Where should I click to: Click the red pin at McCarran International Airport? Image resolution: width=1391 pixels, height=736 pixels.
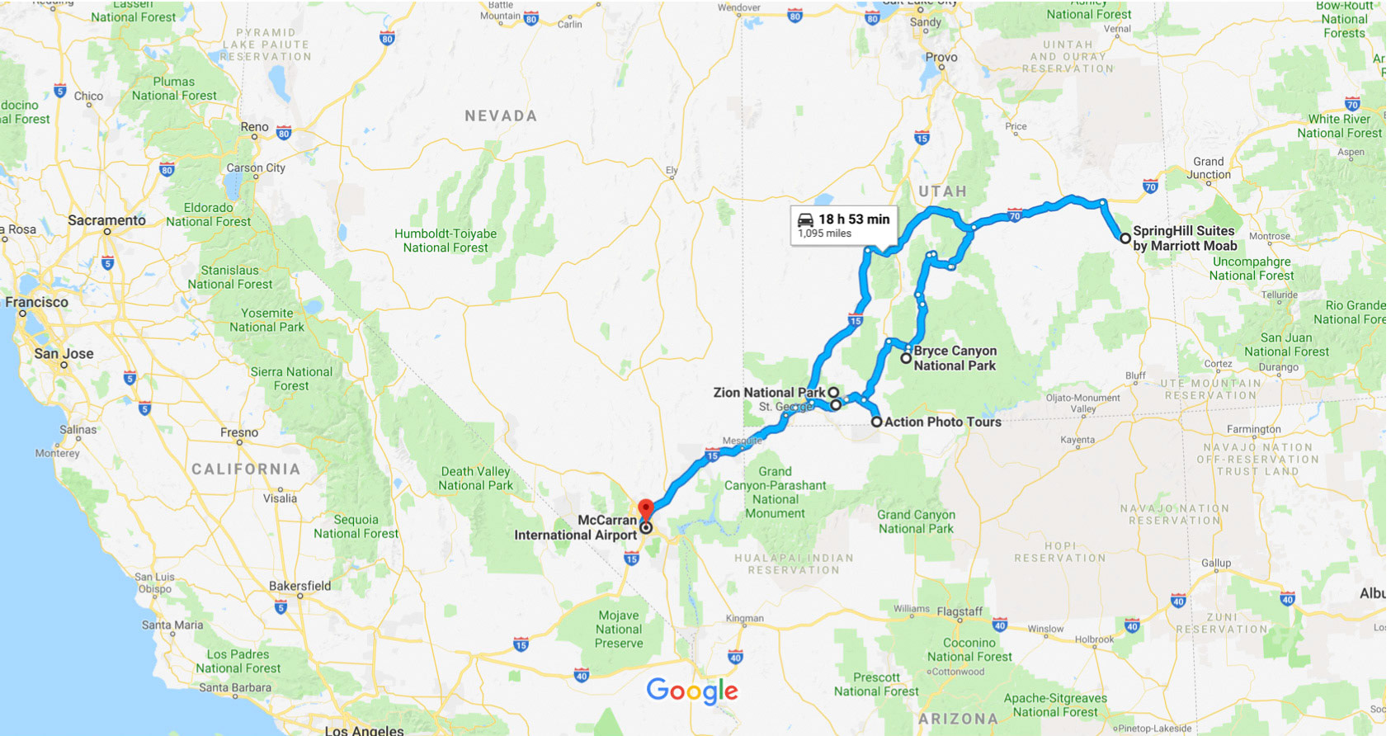646,508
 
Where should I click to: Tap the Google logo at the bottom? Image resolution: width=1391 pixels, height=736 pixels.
691,691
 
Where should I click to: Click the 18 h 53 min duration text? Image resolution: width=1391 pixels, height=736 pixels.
854,219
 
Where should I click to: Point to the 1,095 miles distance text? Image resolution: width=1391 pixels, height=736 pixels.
824,234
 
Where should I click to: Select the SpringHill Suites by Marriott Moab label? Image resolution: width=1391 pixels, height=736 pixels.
1184,238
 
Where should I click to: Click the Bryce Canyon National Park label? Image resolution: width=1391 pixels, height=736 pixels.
955,358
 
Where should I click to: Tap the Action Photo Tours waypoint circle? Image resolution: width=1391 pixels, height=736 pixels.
877,422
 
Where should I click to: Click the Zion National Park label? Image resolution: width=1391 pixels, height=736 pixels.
769,393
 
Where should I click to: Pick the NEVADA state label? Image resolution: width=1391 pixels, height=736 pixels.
501,116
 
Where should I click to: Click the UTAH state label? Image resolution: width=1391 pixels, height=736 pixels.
942,191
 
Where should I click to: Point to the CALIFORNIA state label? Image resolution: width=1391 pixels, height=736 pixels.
246,469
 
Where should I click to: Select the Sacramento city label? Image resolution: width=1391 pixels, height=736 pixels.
106,220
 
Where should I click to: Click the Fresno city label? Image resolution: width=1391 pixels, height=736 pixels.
239,432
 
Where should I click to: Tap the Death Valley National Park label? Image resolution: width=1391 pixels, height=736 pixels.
475,479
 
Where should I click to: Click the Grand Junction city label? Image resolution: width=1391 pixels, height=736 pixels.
1208,168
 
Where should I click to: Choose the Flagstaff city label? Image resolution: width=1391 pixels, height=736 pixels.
960,611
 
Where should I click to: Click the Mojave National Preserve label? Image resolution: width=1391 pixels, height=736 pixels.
619,629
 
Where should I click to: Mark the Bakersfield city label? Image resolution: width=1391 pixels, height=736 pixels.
299,586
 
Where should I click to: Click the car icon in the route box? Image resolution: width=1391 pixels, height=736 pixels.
805,219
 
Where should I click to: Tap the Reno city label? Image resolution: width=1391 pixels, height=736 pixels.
254,127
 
